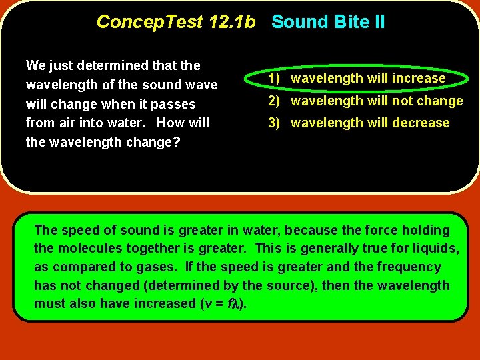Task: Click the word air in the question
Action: click(63, 123)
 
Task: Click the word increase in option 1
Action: click(419, 78)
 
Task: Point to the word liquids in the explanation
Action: click(436, 249)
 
